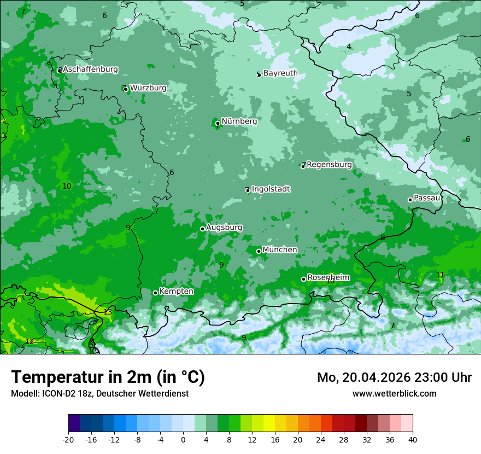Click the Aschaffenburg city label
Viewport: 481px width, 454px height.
90,69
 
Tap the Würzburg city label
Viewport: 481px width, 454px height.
148,88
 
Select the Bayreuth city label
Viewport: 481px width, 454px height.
280,73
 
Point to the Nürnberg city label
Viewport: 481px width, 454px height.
239,121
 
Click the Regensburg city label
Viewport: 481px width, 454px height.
329,164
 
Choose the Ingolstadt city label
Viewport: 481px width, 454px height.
271,189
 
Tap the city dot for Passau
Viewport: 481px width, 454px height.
410,200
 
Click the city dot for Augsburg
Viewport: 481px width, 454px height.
202,229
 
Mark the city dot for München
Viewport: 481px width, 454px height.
259,251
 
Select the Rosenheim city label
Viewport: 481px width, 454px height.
328,277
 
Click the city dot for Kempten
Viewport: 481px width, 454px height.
155,293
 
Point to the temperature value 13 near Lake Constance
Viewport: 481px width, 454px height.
108,312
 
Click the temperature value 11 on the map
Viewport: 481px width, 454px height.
440,275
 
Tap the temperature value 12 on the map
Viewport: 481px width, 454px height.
30,341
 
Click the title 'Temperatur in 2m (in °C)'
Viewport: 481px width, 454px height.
108,377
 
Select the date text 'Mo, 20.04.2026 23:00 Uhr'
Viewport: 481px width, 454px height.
394,377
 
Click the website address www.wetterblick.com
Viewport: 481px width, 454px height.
394,393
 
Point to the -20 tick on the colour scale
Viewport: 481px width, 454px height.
68,439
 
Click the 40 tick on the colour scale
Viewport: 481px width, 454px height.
412,439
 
